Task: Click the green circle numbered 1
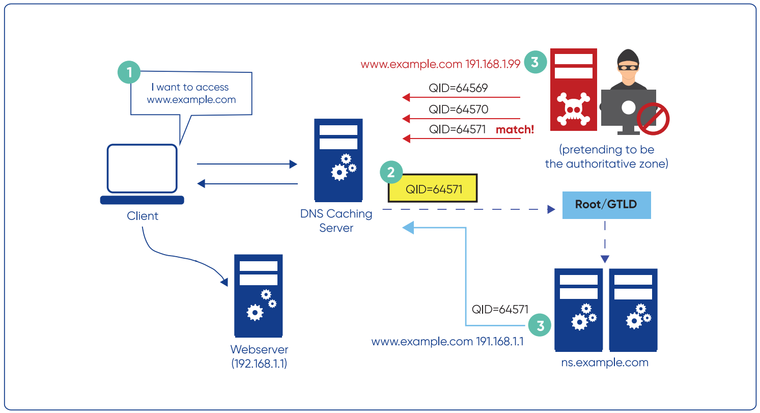(129, 72)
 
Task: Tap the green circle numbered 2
(391, 173)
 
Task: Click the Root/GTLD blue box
(606, 205)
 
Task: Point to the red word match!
(515, 129)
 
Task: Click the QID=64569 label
(458, 88)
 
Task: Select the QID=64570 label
(458, 109)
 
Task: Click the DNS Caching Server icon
(338, 159)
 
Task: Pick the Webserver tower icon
(258, 295)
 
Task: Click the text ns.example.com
(605, 363)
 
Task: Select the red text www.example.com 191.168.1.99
(440, 65)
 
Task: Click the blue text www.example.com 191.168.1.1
(447, 341)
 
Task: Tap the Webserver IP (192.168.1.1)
(259, 364)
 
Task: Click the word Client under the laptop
(143, 216)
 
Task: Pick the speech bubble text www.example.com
(191, 100)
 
